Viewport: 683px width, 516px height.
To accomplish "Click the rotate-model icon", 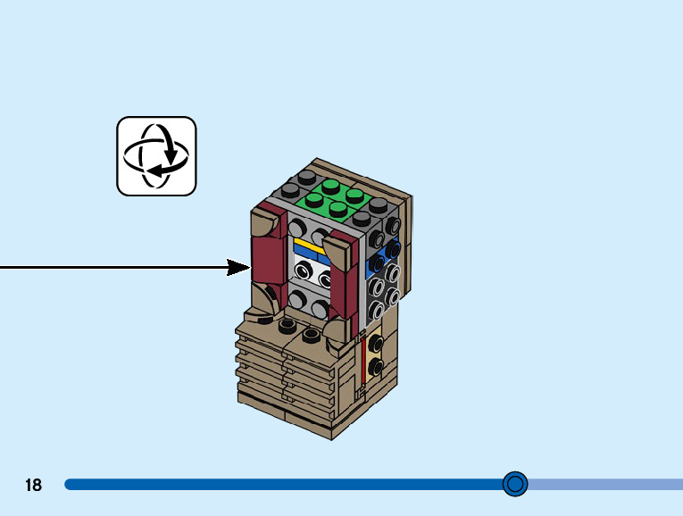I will [156, 156].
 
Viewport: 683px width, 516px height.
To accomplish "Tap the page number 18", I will [34, 485].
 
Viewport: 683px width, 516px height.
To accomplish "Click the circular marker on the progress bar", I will [515, 484].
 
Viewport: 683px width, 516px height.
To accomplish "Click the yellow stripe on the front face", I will [308, 245].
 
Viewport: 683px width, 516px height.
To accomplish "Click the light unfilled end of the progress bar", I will [607, 484].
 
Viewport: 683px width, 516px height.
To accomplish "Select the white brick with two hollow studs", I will [312, 273].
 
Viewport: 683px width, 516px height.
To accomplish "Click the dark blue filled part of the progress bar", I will [268, 484].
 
